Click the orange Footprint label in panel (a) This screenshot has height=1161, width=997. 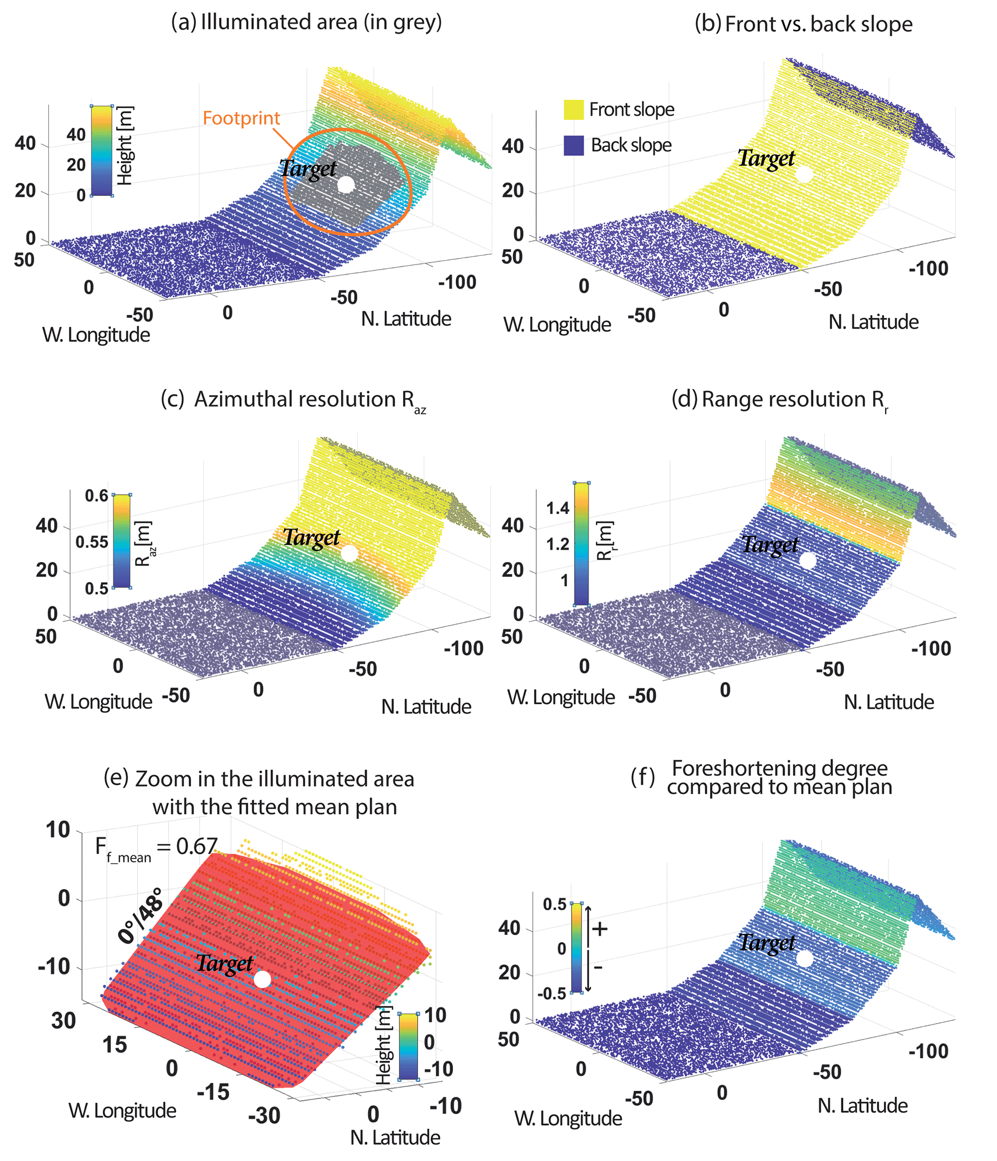241,118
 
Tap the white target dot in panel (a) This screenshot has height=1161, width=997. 346,185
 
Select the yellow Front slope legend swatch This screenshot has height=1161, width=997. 574,110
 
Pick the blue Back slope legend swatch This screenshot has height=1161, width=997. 574,145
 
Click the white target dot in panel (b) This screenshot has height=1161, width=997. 804,174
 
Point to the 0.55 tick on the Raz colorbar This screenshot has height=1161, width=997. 92,542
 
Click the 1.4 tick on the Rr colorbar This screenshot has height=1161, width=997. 558,508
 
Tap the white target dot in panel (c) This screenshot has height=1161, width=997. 349,554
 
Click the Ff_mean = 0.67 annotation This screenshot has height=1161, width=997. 156,847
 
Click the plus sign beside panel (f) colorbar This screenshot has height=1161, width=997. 600,929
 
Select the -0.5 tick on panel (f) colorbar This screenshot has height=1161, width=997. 552,993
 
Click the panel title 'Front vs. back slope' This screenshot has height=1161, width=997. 803,24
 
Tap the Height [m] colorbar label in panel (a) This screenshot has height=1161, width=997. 124,146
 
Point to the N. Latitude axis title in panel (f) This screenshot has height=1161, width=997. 862,1106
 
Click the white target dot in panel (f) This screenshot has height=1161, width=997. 804,959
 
